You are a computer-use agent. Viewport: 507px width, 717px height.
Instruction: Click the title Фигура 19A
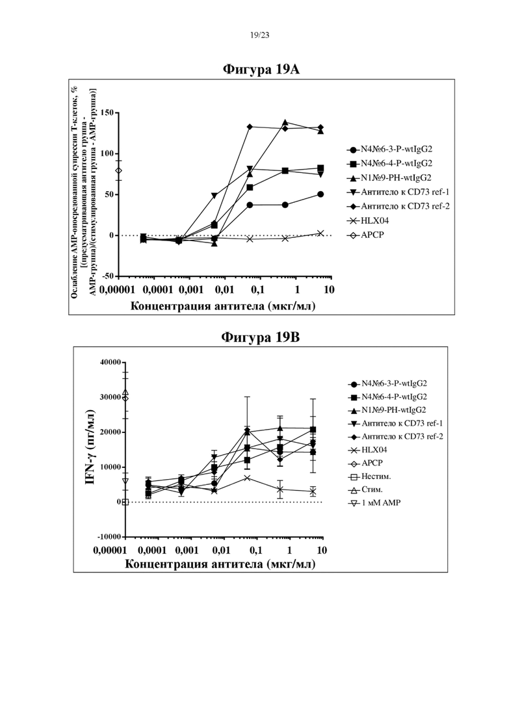(261, 69)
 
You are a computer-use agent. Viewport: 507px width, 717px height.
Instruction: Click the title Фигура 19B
(261, 337)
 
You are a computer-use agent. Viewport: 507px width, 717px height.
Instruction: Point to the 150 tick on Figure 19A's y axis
(107, 112)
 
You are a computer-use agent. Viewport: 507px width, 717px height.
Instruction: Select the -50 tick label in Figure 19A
(107, 276)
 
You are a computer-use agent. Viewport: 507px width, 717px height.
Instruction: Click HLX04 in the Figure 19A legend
(375, 221)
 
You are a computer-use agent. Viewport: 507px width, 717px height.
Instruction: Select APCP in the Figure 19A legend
(372, 235)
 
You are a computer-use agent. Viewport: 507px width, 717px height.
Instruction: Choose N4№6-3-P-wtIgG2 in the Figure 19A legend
(396, 149)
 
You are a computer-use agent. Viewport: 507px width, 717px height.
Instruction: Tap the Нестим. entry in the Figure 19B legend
(376, 476)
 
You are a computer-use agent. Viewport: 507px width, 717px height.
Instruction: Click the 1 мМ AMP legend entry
(382, 503)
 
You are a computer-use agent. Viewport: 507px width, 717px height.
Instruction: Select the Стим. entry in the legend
(372, 489)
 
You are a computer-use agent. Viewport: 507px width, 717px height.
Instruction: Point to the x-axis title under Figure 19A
(223, 306)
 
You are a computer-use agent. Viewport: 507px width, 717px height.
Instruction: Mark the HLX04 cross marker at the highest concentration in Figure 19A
(320, 233)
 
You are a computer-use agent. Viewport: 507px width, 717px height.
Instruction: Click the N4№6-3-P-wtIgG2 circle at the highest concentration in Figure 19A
(320, 194)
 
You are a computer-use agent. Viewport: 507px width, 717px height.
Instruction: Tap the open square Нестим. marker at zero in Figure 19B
(125, 502)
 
